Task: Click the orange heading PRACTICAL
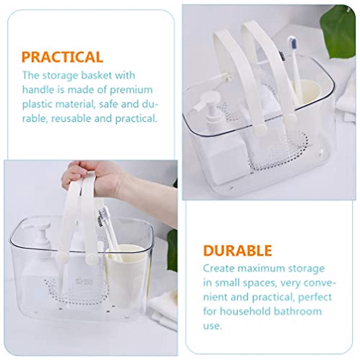click(62, 57)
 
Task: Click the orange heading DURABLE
click(238, 250)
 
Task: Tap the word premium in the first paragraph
click(132, 90)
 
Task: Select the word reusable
click(71, 118)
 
